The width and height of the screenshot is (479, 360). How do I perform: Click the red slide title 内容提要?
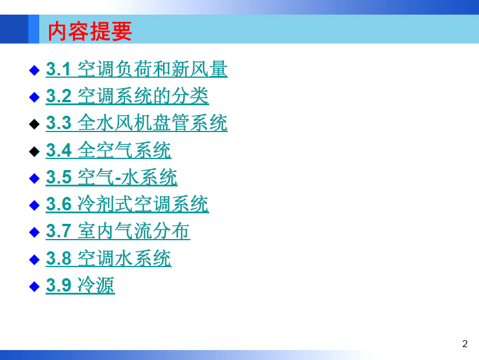tap(90, 31)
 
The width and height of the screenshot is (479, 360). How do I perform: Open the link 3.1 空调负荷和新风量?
tap(137, 69)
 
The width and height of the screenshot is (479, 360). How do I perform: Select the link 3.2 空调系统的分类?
tap(127, 96)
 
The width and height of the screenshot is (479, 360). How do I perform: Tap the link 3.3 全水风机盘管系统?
tap(137, 123)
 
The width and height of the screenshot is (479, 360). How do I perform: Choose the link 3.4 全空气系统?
tap(109, 150)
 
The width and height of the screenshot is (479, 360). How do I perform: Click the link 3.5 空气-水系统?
tap(112, 177)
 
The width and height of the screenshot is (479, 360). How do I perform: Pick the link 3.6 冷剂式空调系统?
tap(127, 204)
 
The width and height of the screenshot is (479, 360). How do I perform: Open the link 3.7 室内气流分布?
tap(118, 231)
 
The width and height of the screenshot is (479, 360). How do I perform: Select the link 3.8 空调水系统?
tap(109, 258)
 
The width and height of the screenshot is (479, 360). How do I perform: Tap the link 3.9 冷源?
tap(81, 285)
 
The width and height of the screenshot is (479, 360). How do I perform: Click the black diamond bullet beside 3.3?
tap(34, 124)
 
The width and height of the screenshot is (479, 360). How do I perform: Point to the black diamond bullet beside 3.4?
tap(34, 151)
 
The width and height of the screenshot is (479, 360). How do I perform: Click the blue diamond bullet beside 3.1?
tap(34, 70)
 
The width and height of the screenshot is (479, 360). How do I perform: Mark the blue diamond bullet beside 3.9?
tap(34, 286)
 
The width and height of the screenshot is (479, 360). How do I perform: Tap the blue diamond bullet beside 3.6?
tap(34, 205)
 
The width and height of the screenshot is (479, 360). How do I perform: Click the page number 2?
tap(465, 344)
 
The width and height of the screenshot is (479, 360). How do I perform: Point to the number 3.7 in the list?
tap(58, 231)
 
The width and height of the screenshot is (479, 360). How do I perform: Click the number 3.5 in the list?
tap(58, 177)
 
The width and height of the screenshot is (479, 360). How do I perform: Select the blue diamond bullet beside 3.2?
tap(34, 97)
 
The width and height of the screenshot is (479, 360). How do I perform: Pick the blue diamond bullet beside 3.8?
tap(34, 259)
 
